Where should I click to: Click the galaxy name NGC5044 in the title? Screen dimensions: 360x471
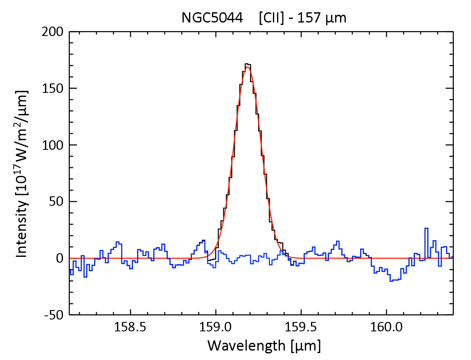212,18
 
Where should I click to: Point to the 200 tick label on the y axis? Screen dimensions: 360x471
53,32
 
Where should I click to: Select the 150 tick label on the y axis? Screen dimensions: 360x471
53,88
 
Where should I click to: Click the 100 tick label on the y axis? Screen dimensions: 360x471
53,145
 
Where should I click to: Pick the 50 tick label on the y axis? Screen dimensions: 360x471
56,202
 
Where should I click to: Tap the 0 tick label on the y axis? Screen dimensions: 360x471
59,259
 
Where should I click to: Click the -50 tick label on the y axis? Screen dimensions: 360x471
54,315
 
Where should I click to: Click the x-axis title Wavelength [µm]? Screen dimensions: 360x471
264,346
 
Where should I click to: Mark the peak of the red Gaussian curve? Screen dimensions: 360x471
247,67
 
